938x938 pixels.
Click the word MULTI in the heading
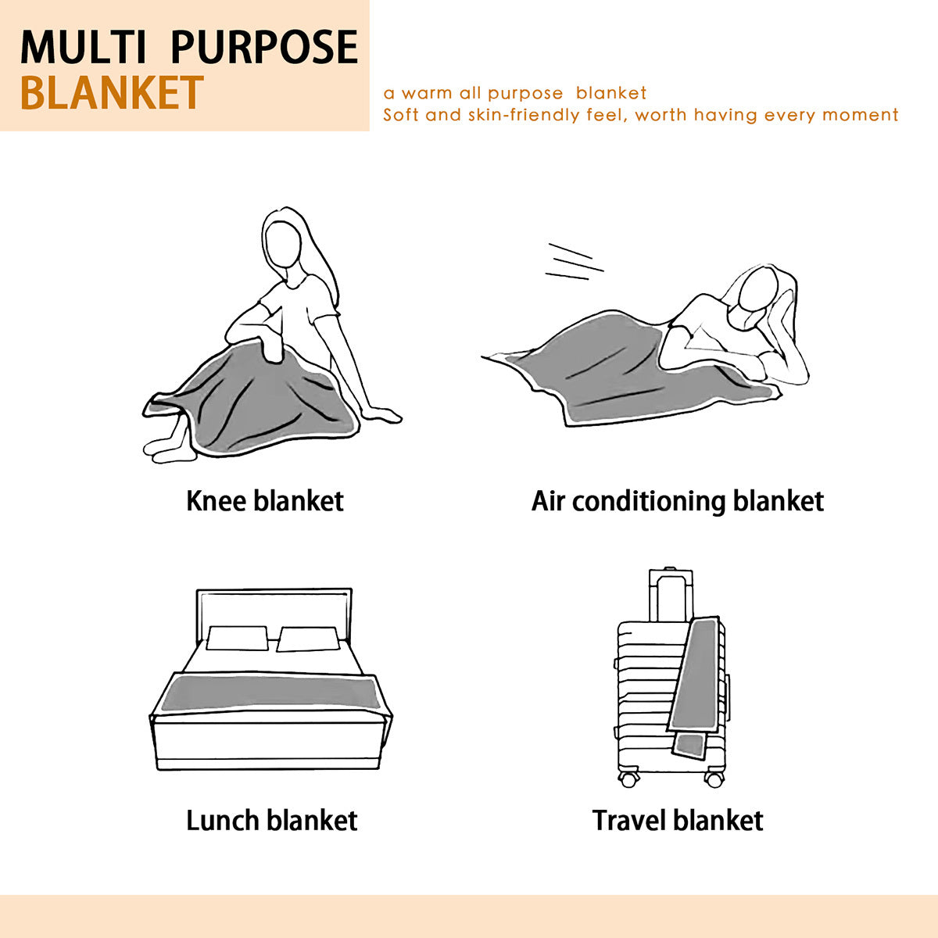tap(83, 47)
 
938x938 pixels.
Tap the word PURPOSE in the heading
tap(264, 47)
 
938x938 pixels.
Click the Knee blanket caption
tap(265, 501)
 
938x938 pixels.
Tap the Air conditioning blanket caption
tap(678, 502)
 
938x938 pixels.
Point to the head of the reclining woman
tap(757, 293)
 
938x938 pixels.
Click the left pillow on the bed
tap(237, 638)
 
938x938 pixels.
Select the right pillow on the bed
tap(308, 639)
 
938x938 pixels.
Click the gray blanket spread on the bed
tap(270, 693)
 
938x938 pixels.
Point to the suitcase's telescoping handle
tap(671, 595)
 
